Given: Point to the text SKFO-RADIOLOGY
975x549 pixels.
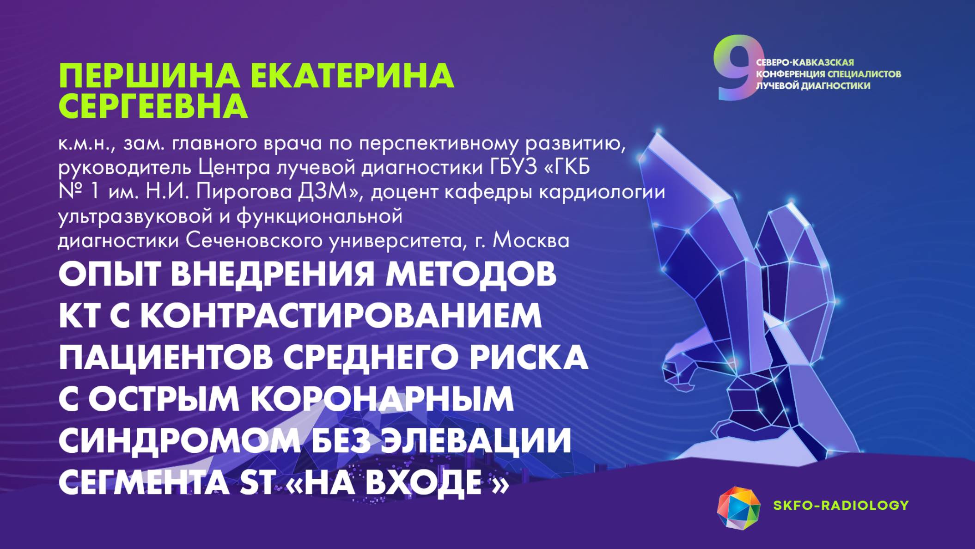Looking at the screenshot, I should (x=841, y=505).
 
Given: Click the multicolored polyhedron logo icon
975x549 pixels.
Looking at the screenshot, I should (x=738, y=508).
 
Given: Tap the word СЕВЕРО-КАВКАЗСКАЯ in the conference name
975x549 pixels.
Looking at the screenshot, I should (x=805, y=62).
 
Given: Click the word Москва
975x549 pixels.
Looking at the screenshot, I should (x=531, y=240).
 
